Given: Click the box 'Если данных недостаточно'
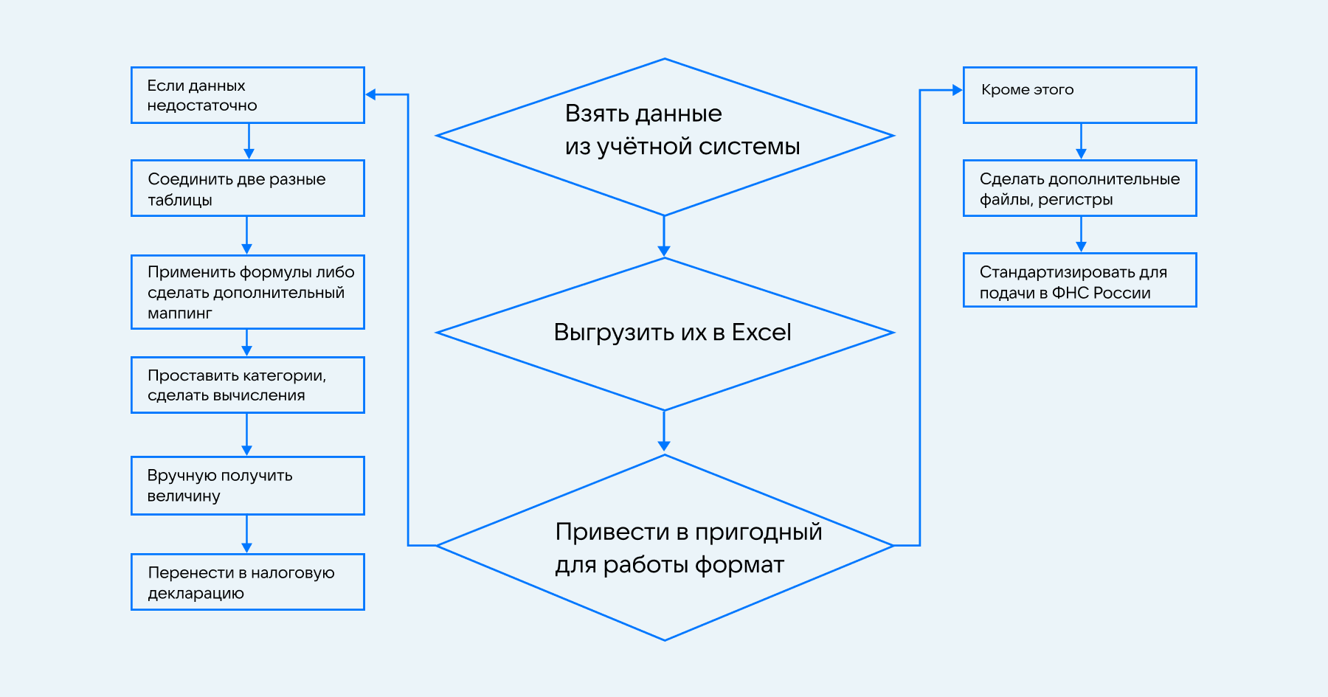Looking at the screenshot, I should click(x=247, y=95).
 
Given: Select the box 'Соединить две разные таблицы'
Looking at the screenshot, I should click(x=247, y=188).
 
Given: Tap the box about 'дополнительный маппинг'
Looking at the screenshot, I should click(x=247, y=292).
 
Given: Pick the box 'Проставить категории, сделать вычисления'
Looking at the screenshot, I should click(x=247, y=385).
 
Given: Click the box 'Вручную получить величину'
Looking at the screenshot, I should click(x=247, y=485).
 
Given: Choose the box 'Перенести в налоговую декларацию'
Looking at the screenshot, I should click(x=247, y=582).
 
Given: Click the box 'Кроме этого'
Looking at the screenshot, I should click(x=1079, y=95).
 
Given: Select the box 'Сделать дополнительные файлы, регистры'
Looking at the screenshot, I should click(x=1079, y=188).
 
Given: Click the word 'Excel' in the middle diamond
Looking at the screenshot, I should click(x=761, y=333).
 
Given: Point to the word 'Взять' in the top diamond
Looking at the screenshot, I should click(x=592, y=114).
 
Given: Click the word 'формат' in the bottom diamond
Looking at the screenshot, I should click(x=739, y=565).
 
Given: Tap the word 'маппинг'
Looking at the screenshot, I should click(x=179, y=313).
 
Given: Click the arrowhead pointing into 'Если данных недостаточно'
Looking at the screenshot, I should click(x=371, y=94).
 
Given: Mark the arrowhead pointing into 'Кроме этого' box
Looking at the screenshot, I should click(x=957, y=90).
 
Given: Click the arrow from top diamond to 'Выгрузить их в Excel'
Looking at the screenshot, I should click(x=664, y=236).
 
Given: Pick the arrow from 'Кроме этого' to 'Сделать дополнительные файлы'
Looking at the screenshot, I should click(x=1081, y=141).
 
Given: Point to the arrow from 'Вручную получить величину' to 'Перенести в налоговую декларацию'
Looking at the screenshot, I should click(x=246, y=534).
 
